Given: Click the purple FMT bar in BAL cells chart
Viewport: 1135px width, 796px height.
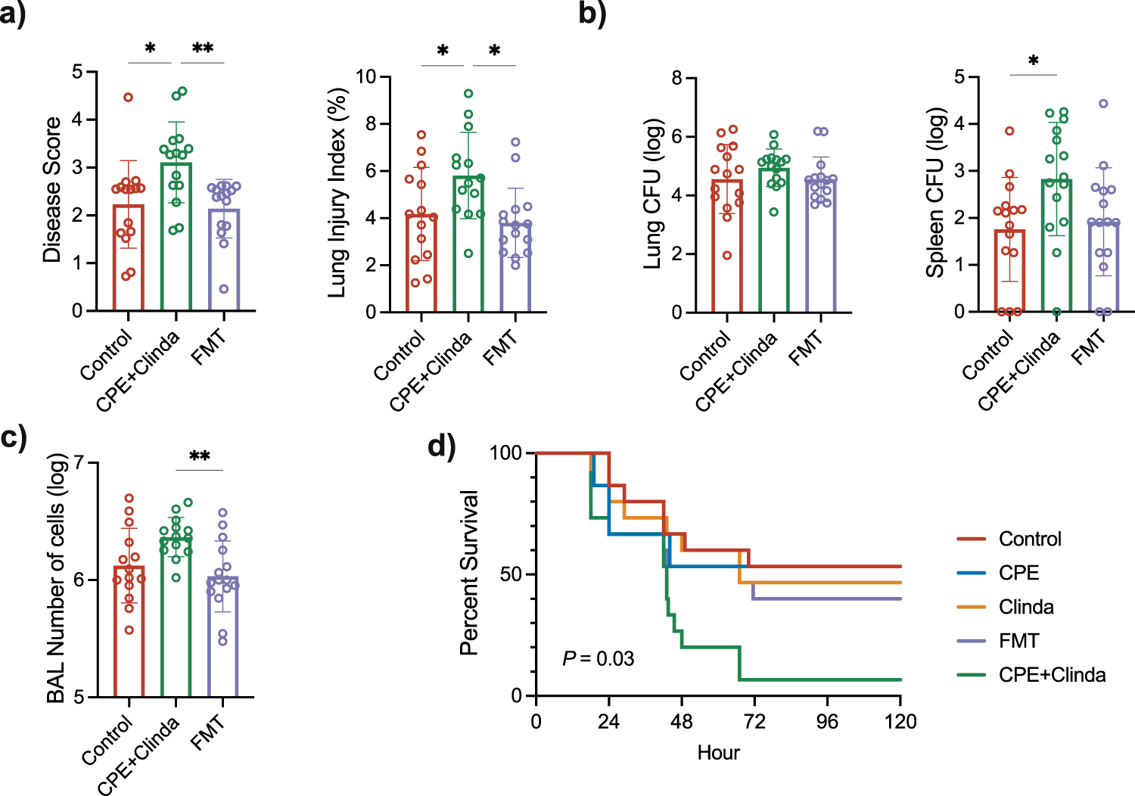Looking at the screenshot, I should (x=222, y=643).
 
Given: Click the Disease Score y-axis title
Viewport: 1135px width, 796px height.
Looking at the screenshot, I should (x=51, y=189).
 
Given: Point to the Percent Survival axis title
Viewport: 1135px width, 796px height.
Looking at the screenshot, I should (x=470, y=573).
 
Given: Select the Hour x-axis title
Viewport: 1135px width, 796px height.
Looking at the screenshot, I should (x=718, y=753).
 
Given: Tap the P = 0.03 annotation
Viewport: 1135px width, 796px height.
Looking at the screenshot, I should (x=598, y=659).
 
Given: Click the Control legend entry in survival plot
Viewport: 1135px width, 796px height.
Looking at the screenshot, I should (x=1029, y=539).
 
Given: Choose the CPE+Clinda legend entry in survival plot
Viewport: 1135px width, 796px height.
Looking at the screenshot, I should (x=1052, y=675).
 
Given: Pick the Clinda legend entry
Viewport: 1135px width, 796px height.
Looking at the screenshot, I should (x=1026, y=607).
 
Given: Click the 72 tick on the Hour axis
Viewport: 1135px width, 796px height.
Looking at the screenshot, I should (x=754, y=721).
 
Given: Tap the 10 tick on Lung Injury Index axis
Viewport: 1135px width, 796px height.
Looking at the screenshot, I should (x=366, y=76).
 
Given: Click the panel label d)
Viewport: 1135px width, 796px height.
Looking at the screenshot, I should (x=442, y=446).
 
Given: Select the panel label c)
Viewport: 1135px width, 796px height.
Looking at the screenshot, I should (x=14, y=437).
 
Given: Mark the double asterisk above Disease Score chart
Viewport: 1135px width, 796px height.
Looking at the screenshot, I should (x=202, y=49).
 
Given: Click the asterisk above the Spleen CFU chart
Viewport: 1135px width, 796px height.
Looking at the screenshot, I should (x=1033, y=61).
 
